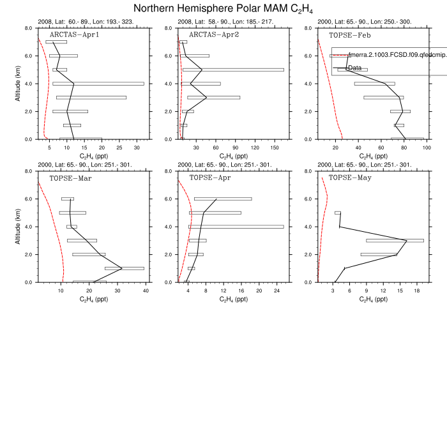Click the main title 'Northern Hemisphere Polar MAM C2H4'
(x=223, y=9)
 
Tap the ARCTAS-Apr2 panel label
(x=210, y=35)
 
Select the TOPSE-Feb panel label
(x=345, y=35)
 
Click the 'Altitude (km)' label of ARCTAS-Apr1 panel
(x=19, y=84)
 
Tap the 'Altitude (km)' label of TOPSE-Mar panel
(x=19, y=227)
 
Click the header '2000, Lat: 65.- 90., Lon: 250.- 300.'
(x=364, y=22)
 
